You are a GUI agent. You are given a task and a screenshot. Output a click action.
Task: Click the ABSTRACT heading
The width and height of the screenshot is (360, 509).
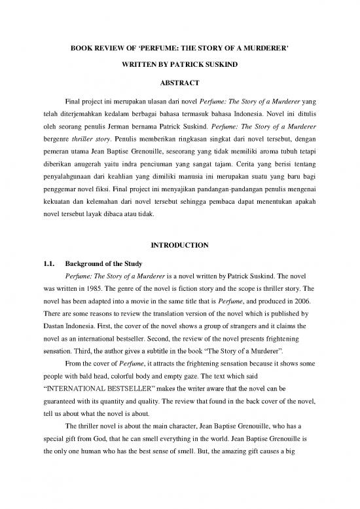point(179,83)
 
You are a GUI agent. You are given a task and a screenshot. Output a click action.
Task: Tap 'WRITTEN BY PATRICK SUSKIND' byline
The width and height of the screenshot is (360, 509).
point(180,66)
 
